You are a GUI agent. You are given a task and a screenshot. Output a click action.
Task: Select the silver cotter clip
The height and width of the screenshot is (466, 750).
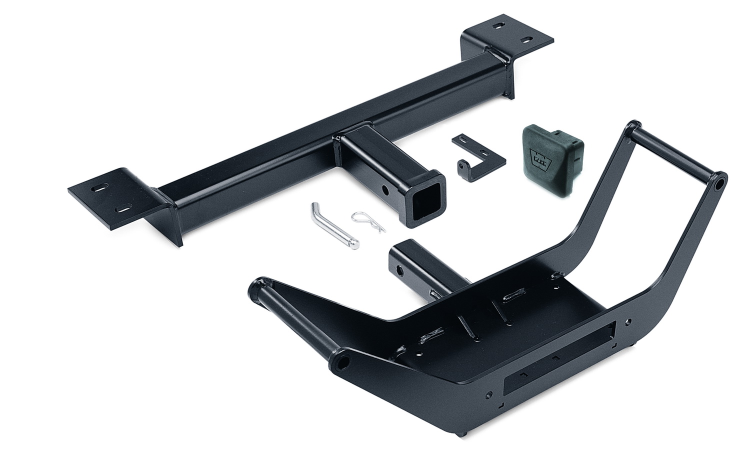369,222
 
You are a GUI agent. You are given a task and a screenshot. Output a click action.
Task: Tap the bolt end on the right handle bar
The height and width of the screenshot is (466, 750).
719,184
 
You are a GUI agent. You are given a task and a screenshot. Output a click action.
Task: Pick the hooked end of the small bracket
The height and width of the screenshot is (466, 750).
463,167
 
